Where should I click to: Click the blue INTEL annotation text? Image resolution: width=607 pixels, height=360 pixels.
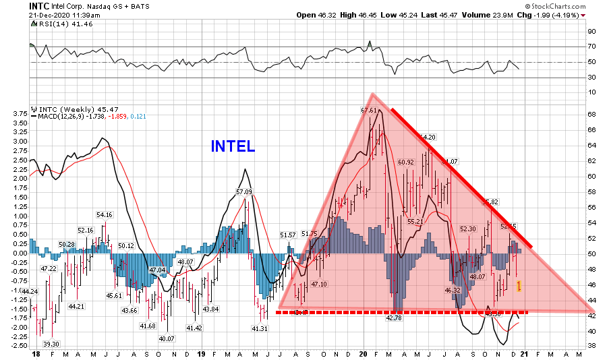pyautogui.click(x=233, y=146)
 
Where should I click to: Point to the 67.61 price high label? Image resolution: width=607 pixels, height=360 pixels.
pyautogui.click(x=369, y=110)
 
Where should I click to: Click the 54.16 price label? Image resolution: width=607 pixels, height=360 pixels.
pyautogui.click(x=104, y=215)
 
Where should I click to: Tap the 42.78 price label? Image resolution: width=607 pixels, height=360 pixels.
pyautogui.click(x=392, y=318)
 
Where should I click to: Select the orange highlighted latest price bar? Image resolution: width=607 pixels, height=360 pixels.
pyautogui.click(x=518, y=287)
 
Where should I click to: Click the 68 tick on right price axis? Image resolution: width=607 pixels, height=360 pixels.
pyautogui.click(x=591, y=113)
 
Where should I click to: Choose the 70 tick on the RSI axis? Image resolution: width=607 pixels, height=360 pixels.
pyautogui.click(x=591, y=47)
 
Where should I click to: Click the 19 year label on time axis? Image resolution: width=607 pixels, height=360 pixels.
pyautogui.click(x=201, y=353)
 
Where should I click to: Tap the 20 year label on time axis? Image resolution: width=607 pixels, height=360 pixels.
pyautogui.click(x=364, y=353)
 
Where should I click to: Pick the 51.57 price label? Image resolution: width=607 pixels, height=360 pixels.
pyautogui.click(x=288, y=235)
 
